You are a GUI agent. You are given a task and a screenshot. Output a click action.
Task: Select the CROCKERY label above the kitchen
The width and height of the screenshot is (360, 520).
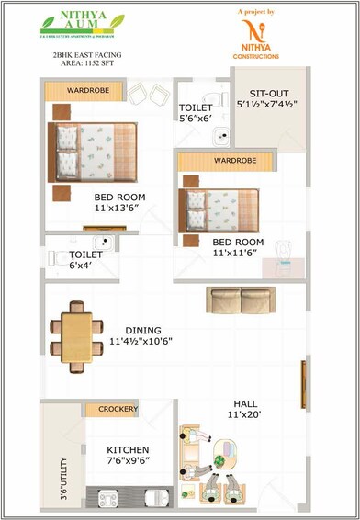point(118,409)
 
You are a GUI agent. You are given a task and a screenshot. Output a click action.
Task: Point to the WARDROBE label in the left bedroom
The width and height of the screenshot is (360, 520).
point(87,92)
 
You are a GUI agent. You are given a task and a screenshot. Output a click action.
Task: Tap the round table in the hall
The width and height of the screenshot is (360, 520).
point(222,460)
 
